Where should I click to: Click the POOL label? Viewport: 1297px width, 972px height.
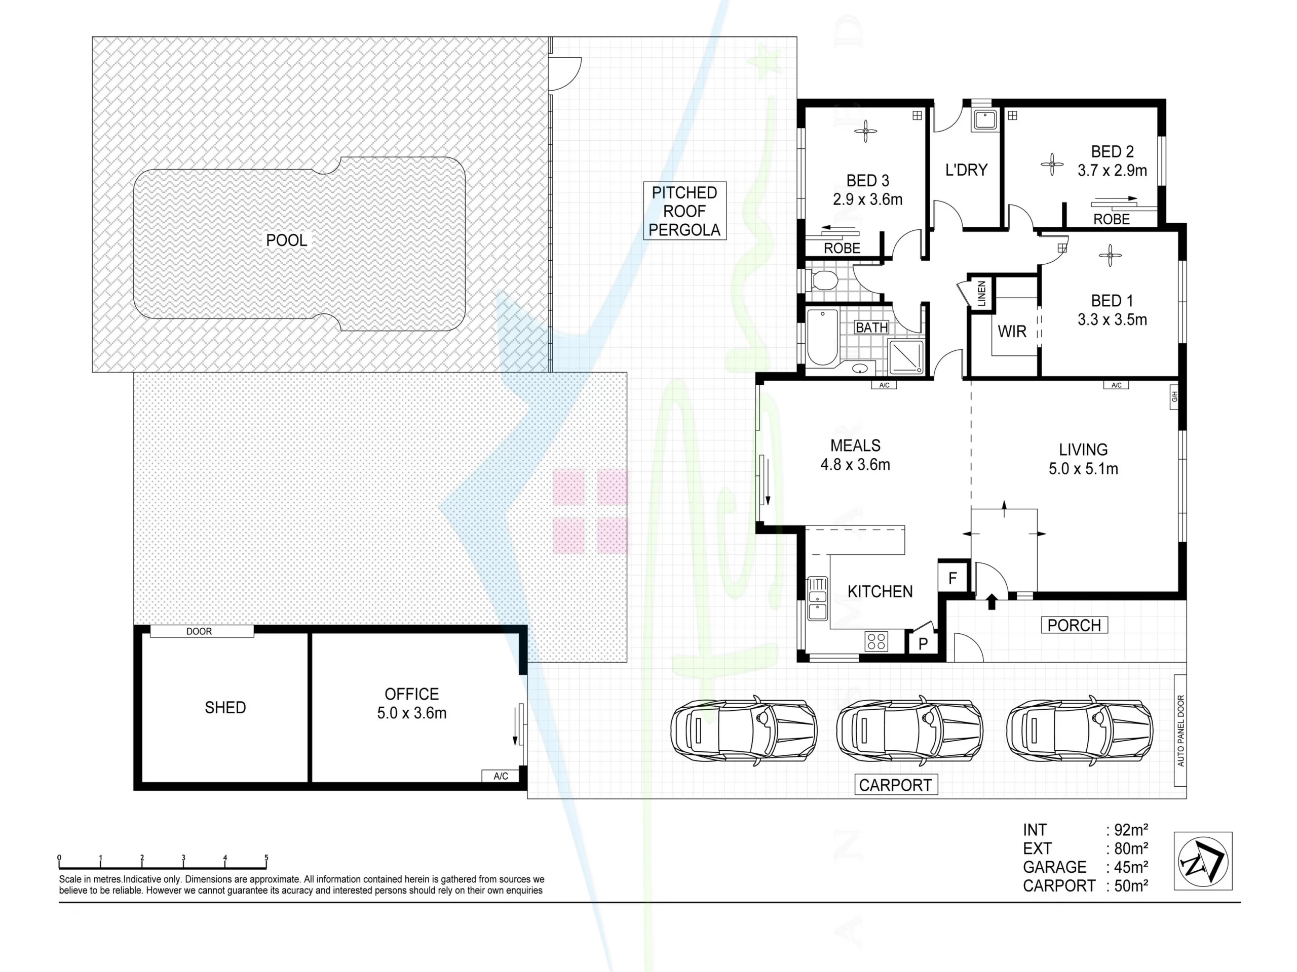[286, 240]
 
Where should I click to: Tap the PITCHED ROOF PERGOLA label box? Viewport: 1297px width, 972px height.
[684, 211]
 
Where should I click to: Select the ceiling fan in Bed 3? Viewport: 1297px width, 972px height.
[865, 131]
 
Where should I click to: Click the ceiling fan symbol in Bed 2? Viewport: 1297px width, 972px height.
[1052, 164]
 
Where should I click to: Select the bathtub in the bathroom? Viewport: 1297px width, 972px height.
[823, 338]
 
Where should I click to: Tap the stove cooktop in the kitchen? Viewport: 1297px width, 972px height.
[876, 641]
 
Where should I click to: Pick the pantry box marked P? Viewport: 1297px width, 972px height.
[923, 644]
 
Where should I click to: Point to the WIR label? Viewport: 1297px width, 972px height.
[1012, 332]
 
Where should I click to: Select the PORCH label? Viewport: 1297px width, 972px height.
[1074, 625]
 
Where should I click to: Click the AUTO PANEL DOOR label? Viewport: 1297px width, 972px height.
[1180, 731]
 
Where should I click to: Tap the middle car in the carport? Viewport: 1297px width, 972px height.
[909, 731]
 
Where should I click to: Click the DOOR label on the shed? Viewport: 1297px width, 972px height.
[199, 631]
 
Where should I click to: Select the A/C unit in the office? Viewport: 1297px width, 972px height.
[501, 776]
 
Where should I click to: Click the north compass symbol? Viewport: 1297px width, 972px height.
[1203, 861]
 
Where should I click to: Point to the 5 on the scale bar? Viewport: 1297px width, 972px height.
[266, 858]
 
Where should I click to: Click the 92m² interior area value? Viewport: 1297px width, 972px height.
[1130, 830]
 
